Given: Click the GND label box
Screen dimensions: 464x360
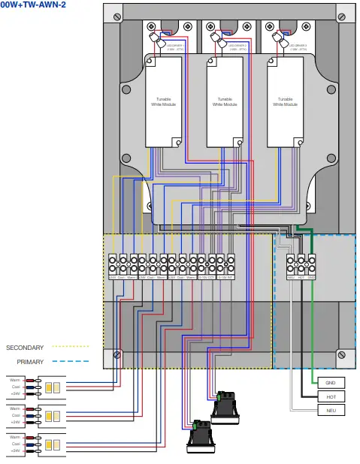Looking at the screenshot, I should [331, 382].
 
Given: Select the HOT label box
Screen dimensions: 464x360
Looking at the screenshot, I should [331, 396].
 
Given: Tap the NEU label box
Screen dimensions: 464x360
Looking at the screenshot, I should [331, 411].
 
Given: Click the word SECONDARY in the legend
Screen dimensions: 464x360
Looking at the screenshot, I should [25, 348].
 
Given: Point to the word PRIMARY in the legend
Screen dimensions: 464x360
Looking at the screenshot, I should [30, 362].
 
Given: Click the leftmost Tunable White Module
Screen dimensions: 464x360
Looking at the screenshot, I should [163, 101].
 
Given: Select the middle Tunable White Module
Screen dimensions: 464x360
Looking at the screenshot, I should [224, 101].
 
